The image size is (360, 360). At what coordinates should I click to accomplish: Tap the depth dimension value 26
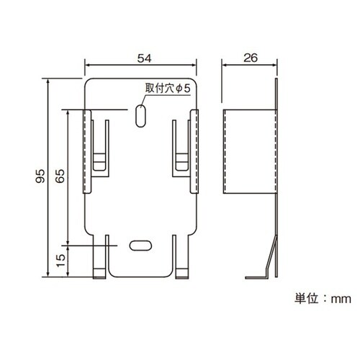(x=249, y=56)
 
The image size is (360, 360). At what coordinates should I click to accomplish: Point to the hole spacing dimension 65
(x=60, y=176)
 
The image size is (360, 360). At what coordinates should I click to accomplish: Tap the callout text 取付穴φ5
(x=167, y=89)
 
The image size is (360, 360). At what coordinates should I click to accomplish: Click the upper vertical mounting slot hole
(x=140, y=114)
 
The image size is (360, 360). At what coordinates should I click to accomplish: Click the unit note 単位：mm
(x=321, y=297)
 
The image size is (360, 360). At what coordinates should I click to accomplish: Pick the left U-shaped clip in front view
(x=102, y=148)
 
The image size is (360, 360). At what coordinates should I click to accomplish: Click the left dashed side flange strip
(x=88, y=151)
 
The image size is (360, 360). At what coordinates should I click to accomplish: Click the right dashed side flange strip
(x=194, y=151)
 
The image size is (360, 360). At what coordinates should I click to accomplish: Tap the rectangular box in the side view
(x=249, y=151)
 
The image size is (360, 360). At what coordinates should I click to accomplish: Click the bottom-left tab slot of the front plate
(x=102, y=256)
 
